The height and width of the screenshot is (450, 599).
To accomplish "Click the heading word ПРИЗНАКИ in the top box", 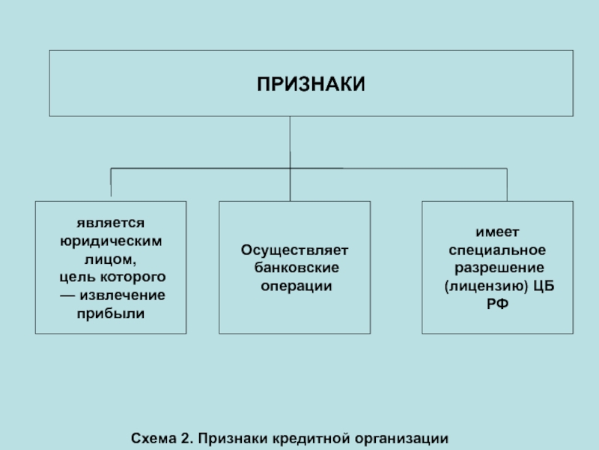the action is pos(311,84).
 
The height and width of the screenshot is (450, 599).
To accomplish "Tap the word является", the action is pos(110,223).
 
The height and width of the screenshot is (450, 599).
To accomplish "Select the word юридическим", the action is pos(111,241).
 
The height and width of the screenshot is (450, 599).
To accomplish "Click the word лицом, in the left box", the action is pos(110,259).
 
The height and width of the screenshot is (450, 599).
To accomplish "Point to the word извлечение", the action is pos(122,295).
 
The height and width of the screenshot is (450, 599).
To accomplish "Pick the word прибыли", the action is pos(110,313).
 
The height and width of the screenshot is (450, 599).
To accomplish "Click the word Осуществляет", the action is pos(294,250).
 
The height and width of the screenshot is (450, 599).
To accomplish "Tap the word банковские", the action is pos(297,268).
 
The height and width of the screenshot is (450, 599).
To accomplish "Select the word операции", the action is pos(297,286).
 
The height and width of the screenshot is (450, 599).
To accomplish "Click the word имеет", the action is pos(497,232).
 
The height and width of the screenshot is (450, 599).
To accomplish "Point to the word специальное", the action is pos(497,250).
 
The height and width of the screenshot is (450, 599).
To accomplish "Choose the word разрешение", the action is pos(499,268).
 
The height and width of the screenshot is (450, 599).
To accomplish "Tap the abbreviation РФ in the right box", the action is pos(497,304).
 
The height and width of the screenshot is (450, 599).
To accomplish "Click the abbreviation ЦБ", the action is pos(544,286).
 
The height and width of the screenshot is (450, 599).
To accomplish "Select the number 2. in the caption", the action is pos(186,438).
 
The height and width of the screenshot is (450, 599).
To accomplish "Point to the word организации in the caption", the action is pos(401,439).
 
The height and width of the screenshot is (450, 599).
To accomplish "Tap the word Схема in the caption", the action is pos(153,438).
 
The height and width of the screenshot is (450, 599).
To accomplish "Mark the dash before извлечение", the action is pos(67,295).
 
